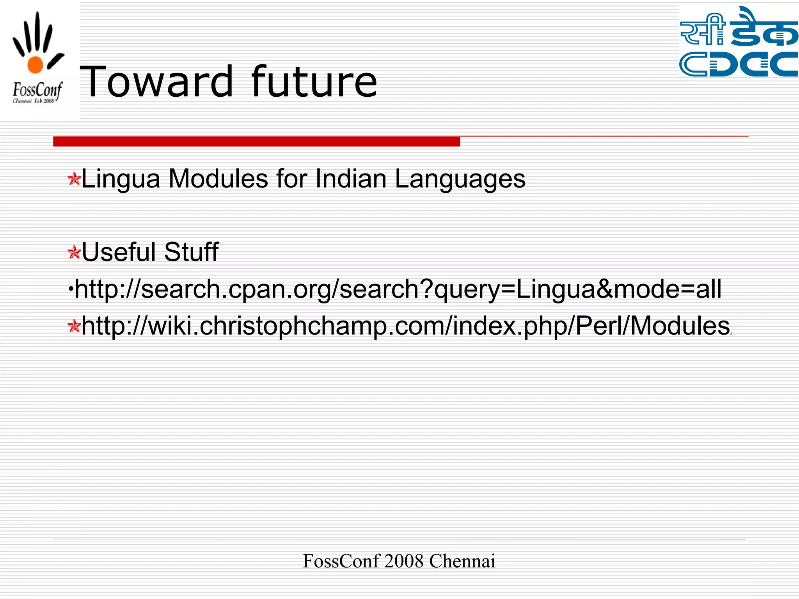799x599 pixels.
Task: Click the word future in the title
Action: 314,82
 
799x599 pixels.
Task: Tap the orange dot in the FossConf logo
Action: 35,64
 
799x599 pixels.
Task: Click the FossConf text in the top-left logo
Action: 37,90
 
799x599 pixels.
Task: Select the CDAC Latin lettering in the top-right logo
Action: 739,64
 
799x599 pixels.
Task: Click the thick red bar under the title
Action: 256,141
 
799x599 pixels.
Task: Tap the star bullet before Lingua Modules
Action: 74,179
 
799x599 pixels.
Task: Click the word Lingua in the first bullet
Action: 121,179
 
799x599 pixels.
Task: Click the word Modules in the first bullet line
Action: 218,179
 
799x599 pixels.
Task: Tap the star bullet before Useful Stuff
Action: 74,252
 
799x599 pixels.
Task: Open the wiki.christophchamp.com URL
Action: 406,326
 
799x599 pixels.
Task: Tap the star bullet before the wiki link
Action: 74,326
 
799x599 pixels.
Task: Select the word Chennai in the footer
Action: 462,561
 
